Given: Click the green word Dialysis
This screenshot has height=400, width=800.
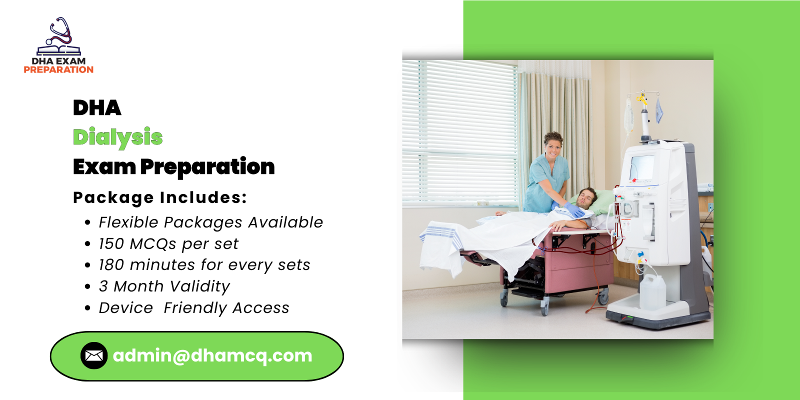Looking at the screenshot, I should pyautogui.click(x=117, y=137).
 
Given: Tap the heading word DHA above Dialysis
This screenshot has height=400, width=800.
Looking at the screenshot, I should pyautogui.click(x=97, y=108).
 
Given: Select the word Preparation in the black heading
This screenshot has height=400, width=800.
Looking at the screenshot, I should pyautogui.click(x=207, y=167).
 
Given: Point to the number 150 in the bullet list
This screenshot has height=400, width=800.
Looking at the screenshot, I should pyautogui.click(x=111, y=244).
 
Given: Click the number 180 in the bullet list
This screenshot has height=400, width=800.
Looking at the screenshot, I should pyautogui.click(x=111, y=265).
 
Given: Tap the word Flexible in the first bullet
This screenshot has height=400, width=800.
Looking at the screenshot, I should pyautogui.click(x=128, y=222).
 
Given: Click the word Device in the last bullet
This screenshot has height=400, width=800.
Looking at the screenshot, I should pyautogui.click(x=125, y=308).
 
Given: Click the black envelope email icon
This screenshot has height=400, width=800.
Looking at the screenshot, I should pyautogui.click(x=94, y=355).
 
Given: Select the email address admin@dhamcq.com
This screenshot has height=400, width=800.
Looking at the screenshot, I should pyautogui.click(x=212, y=355).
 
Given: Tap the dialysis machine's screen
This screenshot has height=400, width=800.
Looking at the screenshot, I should pyautogui.click(x=642, y=168).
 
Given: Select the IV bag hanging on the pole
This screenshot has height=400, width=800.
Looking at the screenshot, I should pyautogui.click(x=629, y=115).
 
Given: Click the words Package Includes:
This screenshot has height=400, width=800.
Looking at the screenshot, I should pyautogui.click(x=160, y=197).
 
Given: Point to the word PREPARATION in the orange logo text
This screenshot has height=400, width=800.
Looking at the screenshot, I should pyautogui.click(x=58, y=70).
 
